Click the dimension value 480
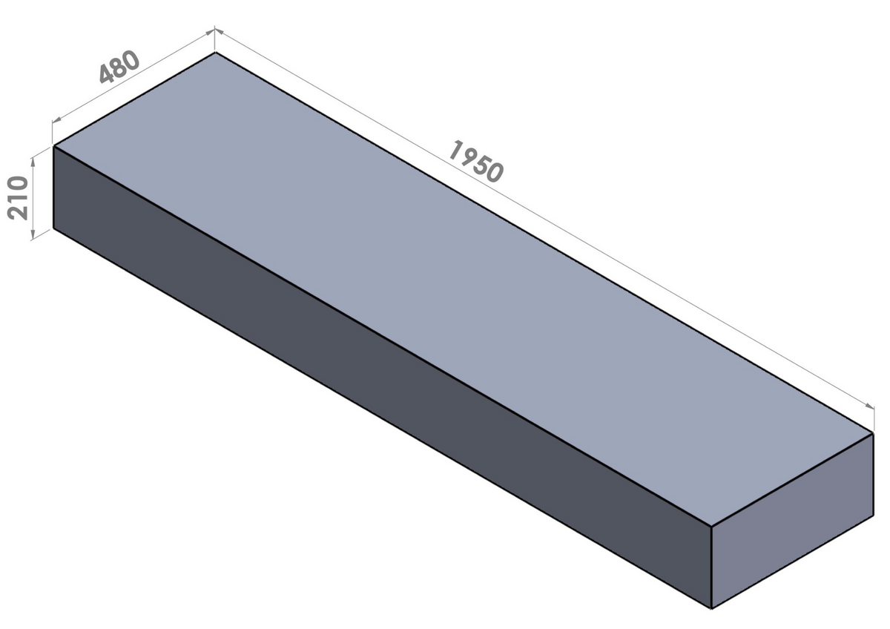pyautogui.click(x=119, y=67)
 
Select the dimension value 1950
pyautogui.click(x=476, y=161)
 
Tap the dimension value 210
pyautogui.click(x=18, y=198)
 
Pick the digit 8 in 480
pyautogui.click(x=119, y=67)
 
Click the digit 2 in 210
pyautogui.click(x=18, y=213)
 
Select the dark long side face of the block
pyautogui.click(x=381, y=378)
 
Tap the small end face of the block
pyautogui.click(x=792, y=521)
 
